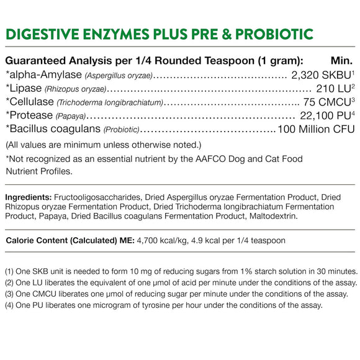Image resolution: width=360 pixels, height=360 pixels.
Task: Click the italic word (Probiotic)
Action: point(122,130)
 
